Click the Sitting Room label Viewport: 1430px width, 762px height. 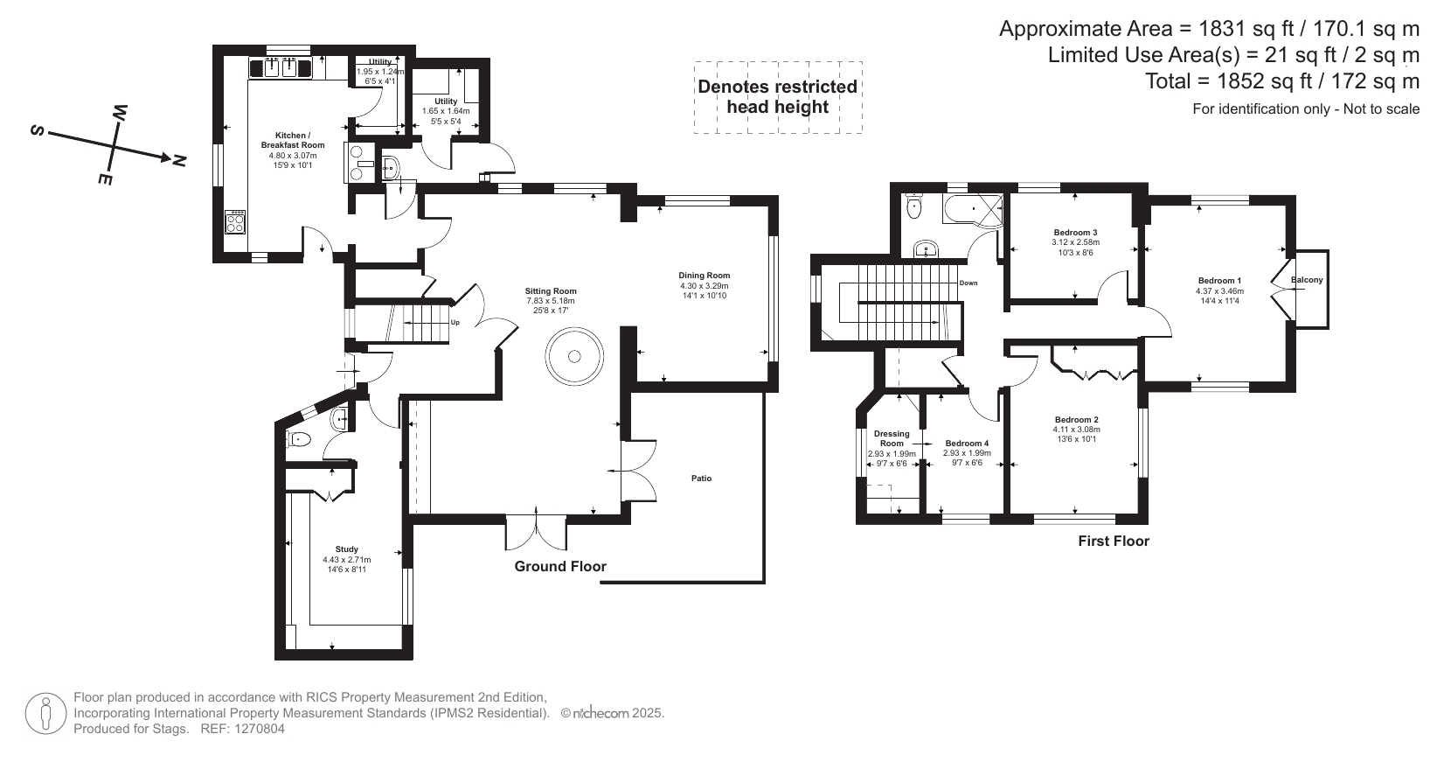pyautogui.click(x=551, y=291)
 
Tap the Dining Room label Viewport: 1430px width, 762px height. pyautogui.click(x=705, y=276)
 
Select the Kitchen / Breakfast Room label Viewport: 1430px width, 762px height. pyautogui.click(x=293, y=140)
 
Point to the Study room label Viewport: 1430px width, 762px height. pyautogui.click(x=347, y=549)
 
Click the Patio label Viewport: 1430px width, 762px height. pyautogui.click(x=701, y=479)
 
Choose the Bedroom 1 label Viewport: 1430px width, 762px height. pyautogui.click(x=1220, y=281)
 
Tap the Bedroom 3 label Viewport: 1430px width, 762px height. pyautogui.click(x=1076, y=233)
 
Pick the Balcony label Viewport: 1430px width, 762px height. pyautogui.click(x=1307, y=280)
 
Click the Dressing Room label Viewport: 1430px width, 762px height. pyautogui.click(x=892, y=438)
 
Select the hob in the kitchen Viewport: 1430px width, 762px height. pyautogui.click(x=235, y=221)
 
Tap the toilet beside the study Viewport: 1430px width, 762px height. pyautogui.click(x=299, y=439)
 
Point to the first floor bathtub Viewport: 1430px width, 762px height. pyautogui.click(x=972, y=209)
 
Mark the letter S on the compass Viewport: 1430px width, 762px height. pyautogui.click(x=37, y=131)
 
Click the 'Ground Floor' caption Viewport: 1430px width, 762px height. pyautogui.click(x=560, y=567)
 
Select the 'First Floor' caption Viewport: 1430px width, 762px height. pyautogui.click(x=1114, y=541)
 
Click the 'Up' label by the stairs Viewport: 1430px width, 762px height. pyautogui.click(x=455, y=323)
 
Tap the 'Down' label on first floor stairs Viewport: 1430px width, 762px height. pyautogui.click(x=968, y=283)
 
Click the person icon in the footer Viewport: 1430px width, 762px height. pyautogui.click(x=46, y=714)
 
